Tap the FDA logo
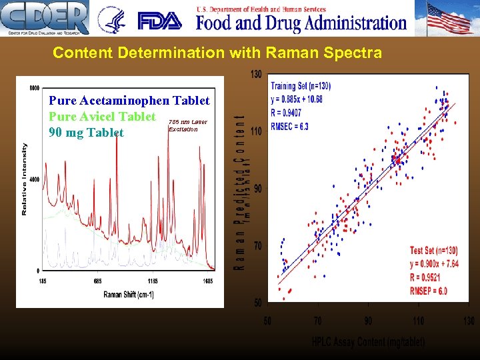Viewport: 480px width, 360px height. click(159, 21)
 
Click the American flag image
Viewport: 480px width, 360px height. click(449, 18)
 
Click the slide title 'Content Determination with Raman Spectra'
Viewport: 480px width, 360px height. click(217, 53)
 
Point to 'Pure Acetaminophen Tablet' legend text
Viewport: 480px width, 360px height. click(129, 101)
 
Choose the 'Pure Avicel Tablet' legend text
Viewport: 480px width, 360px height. click(102, 116)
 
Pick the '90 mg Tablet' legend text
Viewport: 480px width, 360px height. click(86, 132)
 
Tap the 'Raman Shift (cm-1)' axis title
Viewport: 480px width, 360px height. click(129, 295)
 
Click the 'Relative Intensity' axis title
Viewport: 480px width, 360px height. click(25, 179)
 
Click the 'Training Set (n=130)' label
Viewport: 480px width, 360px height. click(301, 86)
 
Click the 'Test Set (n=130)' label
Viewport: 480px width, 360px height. click(435, 251)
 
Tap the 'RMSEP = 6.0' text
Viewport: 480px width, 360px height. click(429, 291)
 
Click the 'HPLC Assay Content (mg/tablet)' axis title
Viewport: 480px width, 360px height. click(368, 342)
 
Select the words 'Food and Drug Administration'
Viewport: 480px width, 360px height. click(301, 23)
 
